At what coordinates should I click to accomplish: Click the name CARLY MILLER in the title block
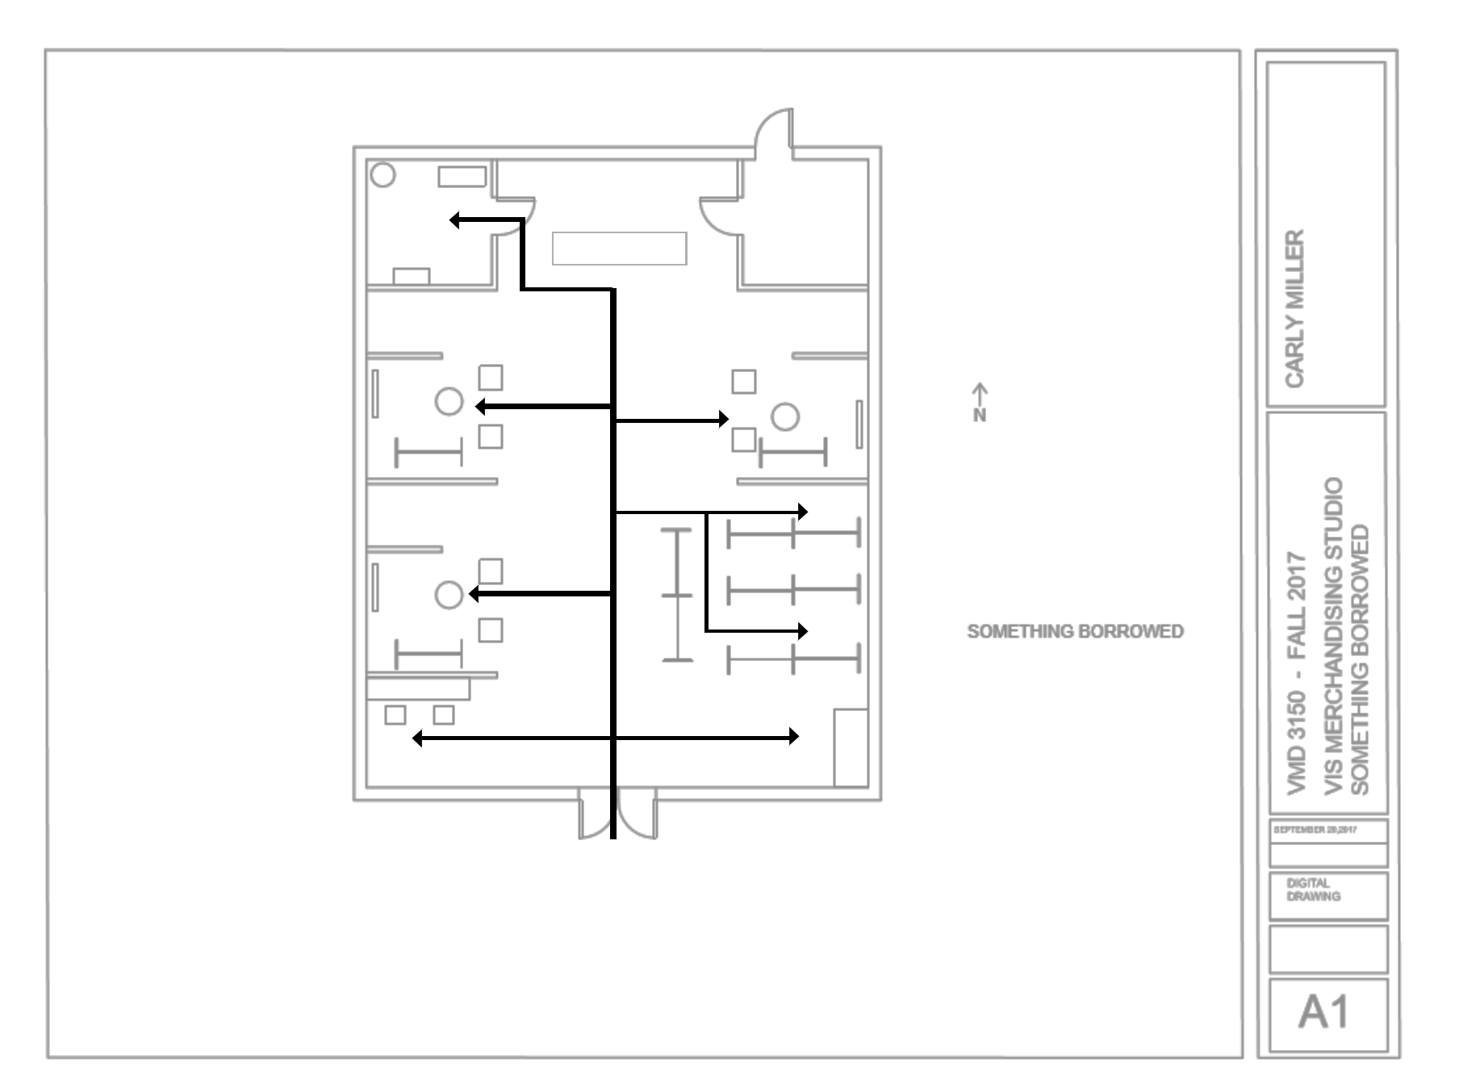1294,308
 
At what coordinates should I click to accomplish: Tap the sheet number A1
1323,1013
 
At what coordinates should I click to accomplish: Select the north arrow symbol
980,401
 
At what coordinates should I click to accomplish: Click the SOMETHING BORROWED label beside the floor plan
1075,631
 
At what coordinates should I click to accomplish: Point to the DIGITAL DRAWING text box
1314,890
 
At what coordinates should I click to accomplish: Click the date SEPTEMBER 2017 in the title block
1315,830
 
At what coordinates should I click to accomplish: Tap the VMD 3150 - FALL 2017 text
1297,672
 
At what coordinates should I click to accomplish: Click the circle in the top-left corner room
383,175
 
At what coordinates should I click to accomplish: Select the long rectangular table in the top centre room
619,249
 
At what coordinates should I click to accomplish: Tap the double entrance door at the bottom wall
617,815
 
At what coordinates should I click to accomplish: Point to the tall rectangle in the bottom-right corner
851,747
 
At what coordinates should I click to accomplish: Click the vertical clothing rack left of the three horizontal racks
677,595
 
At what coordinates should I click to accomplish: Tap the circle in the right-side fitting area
785,417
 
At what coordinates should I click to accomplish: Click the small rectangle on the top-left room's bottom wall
411,276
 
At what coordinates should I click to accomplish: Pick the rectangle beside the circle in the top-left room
462,176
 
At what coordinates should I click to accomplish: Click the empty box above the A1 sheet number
1328,948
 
